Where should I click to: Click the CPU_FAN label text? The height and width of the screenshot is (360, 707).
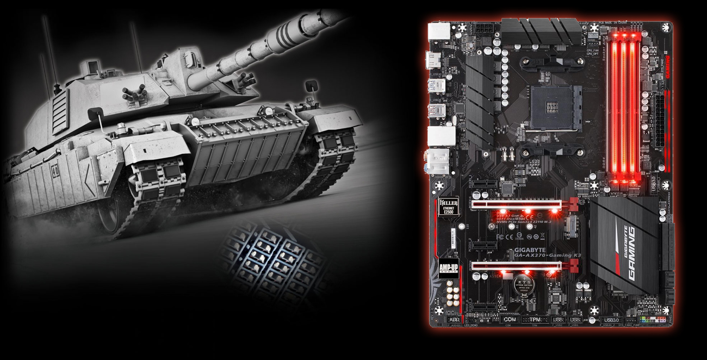[x=592, y=51]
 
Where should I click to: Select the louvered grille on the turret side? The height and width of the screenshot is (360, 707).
[x=60, y=111]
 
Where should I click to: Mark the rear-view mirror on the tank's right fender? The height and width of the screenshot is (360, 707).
[x=311, y=86]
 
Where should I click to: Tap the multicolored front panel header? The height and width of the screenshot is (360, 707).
[x=653, y=319]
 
